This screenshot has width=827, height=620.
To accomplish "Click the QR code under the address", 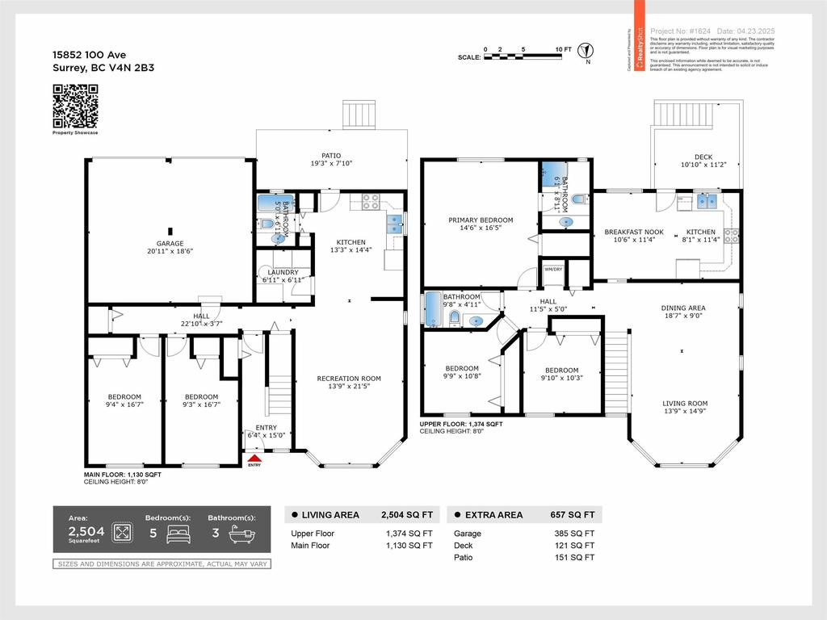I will click(75, 107).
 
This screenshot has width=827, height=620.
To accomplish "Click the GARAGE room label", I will click(170, 244).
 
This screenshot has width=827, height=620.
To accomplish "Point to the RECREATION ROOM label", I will click(349, 379).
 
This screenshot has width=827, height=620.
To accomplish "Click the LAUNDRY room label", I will click(283, 273).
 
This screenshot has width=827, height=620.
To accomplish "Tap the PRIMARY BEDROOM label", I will click(481, 220).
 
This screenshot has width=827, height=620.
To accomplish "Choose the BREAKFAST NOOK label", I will click(634, 232).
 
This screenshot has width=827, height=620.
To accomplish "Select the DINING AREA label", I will click(683, 308).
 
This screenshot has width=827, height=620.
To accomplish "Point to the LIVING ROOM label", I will click(685, 404).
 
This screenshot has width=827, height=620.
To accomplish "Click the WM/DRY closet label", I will click(553, 269).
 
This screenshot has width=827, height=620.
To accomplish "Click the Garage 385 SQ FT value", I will click(578, 534).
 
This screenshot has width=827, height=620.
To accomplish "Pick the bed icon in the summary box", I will click(177, 534).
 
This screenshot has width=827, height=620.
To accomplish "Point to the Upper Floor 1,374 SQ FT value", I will click(409, 534).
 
